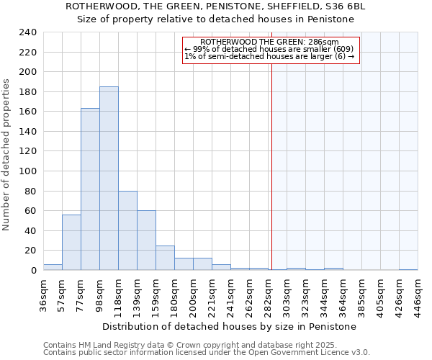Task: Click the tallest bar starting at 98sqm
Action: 109,179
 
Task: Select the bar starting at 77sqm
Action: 90,189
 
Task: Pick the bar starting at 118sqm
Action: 127,230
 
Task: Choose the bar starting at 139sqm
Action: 146,240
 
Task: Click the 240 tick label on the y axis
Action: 27,32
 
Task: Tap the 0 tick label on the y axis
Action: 33,271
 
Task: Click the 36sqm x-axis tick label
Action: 44,294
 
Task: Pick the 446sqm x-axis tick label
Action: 418,294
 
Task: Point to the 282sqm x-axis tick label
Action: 269,294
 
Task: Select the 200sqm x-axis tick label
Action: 194,294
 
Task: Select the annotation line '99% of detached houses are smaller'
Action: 269,49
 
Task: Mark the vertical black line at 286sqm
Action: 271,166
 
